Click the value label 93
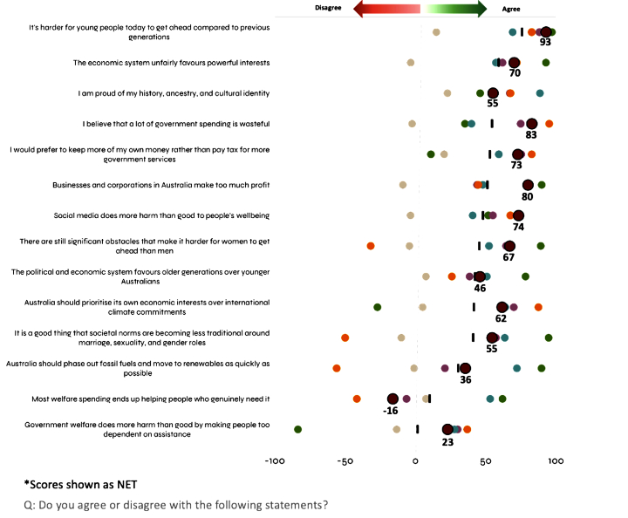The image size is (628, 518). point(545,42)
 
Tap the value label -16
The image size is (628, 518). point(392,410)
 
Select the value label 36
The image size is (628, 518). point(465,379)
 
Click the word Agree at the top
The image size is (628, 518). point(513,8)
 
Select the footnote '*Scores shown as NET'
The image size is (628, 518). point(80,484)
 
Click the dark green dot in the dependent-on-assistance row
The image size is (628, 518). point(298,429)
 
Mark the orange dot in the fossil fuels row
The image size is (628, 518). point(337,368)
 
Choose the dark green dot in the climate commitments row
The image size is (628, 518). point(378,307)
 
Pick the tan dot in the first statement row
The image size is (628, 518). point(436,32)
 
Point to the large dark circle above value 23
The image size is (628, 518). point(448,429)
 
